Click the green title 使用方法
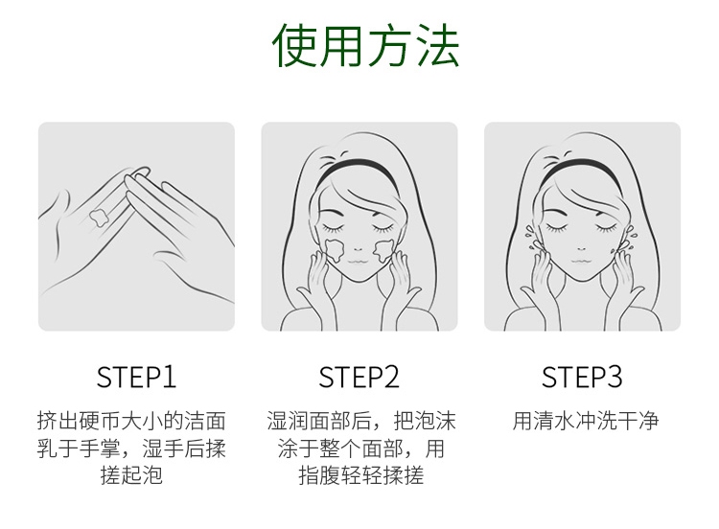coord(365,45)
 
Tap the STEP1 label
coord(136,378)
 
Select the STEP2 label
coord(359,378)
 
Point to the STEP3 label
coord(582,378)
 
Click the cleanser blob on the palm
coord(99,217)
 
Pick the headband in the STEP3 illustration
coord(581,169)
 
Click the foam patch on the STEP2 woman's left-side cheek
coord(334,250)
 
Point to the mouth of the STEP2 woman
coord(359,263)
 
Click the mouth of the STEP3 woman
coord(581,263)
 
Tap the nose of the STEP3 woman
coord(582,249)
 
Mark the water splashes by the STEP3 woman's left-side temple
coord(530,238)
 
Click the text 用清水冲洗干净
coord(586,421)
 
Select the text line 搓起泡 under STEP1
coord(131,475)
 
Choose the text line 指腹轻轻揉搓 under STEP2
coord(360,475)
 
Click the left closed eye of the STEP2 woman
coord(335,227)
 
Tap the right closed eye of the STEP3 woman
coord(607,227)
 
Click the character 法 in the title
coord(437,45)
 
